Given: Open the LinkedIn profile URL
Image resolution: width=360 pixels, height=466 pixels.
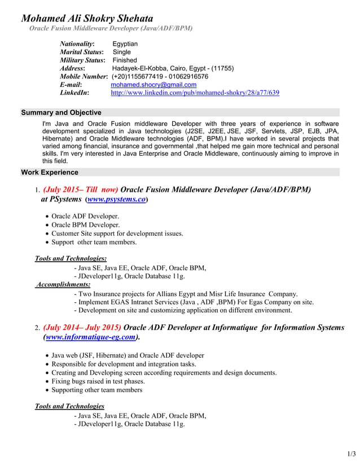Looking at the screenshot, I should point(195,93).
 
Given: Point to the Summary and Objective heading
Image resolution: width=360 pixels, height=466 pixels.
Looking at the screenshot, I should point(61,113).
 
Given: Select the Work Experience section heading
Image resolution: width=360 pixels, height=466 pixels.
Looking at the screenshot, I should point(50,172).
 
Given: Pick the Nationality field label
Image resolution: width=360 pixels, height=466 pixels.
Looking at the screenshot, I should point(77,44).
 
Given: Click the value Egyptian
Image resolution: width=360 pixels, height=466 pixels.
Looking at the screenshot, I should point(125,44).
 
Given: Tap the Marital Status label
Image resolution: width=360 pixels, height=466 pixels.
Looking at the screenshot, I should point(82,52).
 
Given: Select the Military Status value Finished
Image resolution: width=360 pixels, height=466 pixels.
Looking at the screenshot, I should point(125,60).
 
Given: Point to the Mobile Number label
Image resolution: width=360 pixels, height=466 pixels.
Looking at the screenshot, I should point(84,76).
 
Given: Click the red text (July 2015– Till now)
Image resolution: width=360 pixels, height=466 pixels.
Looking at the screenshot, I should point(81,190).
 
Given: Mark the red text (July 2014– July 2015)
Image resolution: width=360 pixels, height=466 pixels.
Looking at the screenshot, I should point(82,327).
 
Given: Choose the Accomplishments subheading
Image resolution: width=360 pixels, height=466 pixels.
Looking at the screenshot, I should point(63,285).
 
